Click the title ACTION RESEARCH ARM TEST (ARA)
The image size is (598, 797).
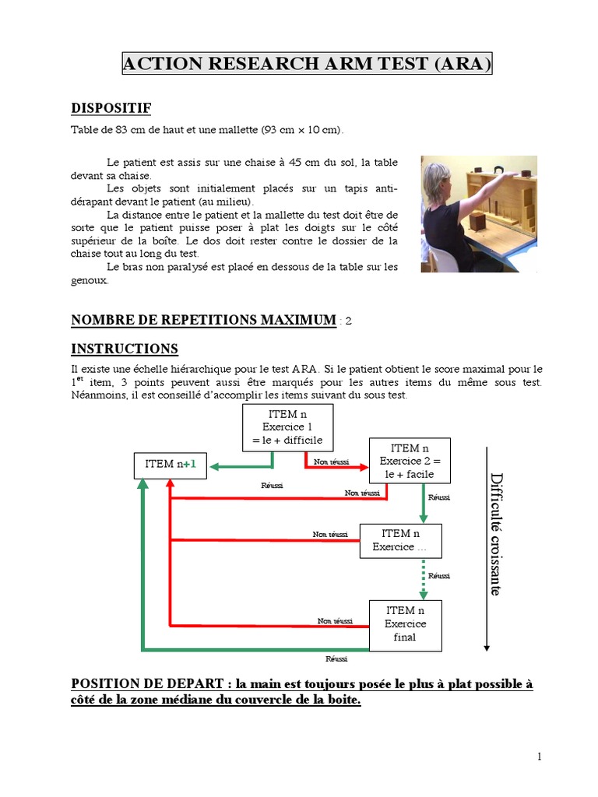click(307, 65)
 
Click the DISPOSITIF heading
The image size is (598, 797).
click(111, 107)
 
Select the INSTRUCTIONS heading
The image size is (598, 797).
click(125, 349)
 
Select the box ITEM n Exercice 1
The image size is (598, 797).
click(288, 427)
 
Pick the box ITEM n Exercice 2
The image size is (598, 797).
click(410, 461)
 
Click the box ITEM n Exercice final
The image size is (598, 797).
click(404, 624)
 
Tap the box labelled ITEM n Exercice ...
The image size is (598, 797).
click(400, 540)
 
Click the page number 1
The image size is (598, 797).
click(538, 757)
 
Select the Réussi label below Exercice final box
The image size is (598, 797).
click(336, 658)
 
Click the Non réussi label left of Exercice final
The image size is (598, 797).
click(335, 620)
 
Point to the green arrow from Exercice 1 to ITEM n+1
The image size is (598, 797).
click(241, 466)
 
